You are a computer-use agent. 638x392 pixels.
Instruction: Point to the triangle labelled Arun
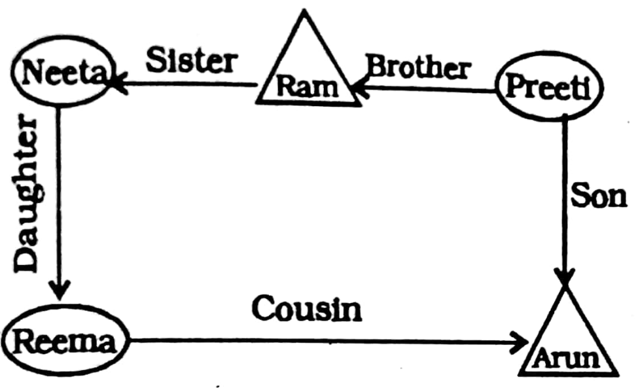click(x=567, y=340)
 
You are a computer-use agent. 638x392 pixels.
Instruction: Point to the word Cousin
click(x=306, y=309)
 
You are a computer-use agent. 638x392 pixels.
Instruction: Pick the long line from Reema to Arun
click(x=327, y=341)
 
